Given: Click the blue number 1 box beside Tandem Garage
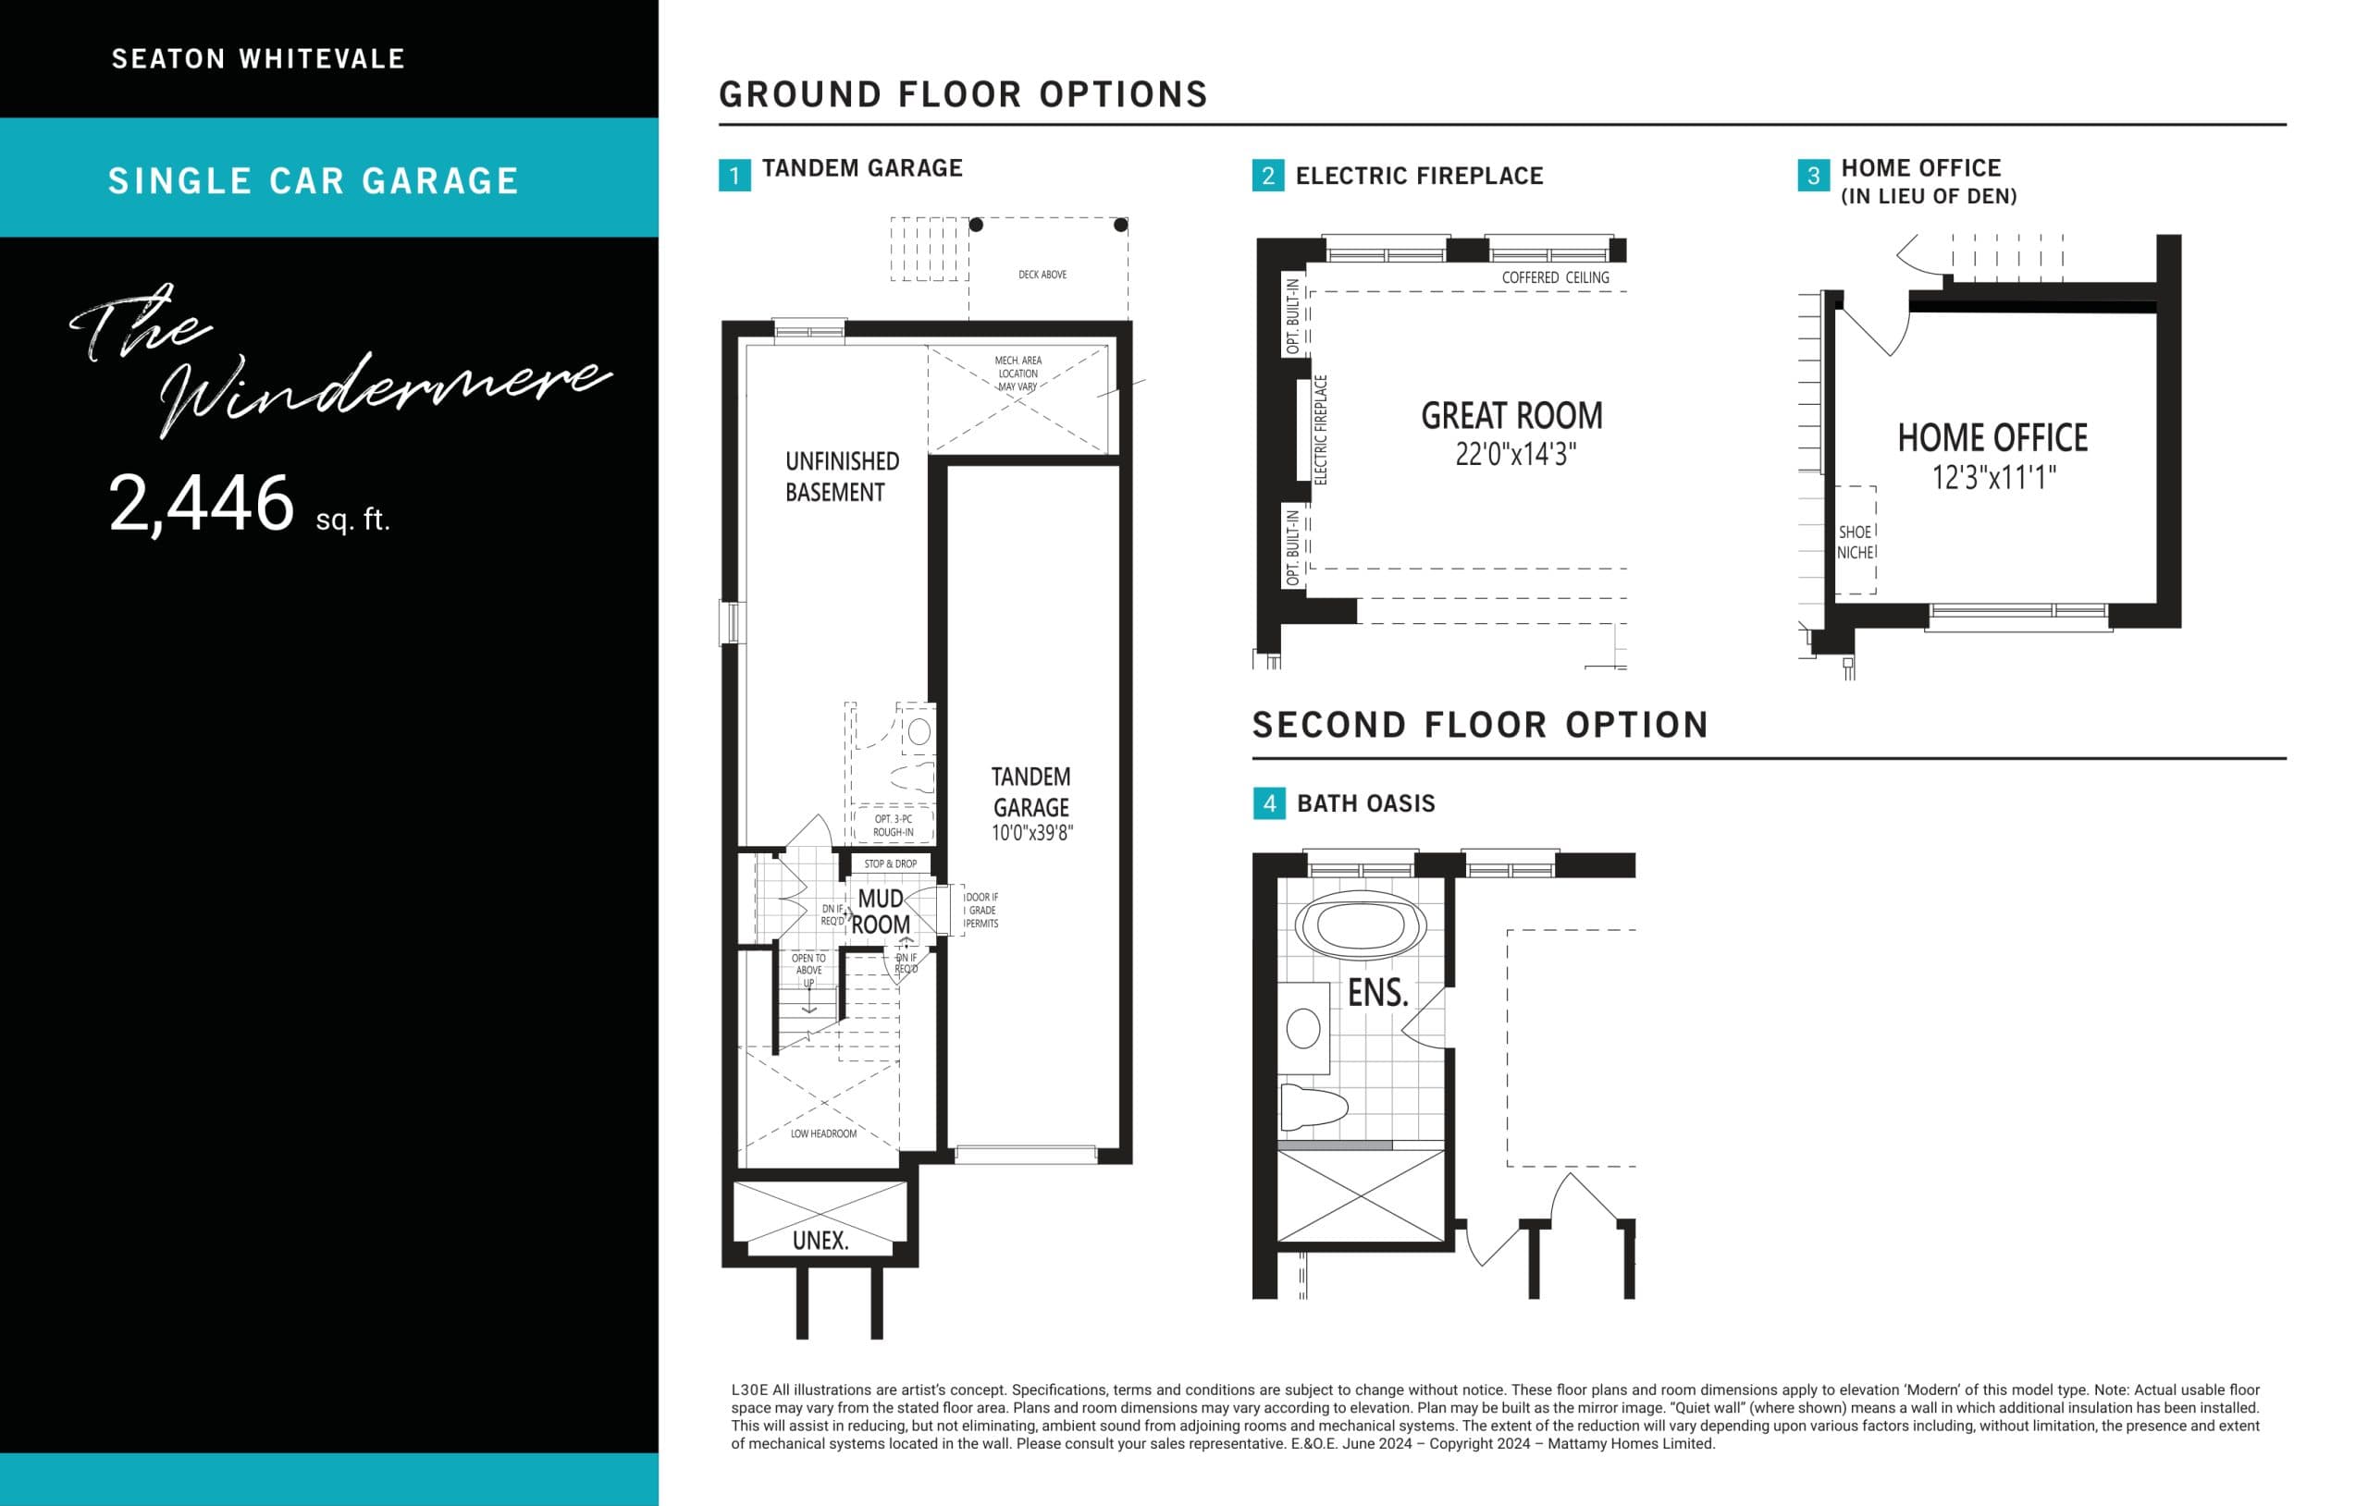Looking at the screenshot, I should (734, 176).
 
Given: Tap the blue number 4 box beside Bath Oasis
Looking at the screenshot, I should (1268, 803).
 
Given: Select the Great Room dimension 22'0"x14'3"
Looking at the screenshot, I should (1515, 454).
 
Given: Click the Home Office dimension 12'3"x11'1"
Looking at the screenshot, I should (1993, 478).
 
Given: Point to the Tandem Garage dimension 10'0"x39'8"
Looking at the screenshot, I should (1031, 833).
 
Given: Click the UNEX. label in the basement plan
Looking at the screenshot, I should (820, 1241).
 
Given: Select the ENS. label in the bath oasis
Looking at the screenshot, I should (1377, 993).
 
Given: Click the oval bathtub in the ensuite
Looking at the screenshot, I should (1360, 925).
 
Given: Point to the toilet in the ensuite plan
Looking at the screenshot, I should (1312, 1107).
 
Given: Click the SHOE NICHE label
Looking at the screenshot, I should (1855, 542).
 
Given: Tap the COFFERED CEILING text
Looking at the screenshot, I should (1555, 278).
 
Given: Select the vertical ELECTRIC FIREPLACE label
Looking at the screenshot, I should (1321, 430).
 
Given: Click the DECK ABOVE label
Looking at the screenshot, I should (1042, 275).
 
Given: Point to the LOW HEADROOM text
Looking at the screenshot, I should (823, 1133).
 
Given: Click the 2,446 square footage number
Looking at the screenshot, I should (202, 503).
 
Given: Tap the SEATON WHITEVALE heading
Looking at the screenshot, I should (259, 59).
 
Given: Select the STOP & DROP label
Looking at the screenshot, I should (890, 864).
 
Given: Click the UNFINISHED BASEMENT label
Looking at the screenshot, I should (841, 477).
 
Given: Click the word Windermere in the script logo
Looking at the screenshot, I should (384, 388).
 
